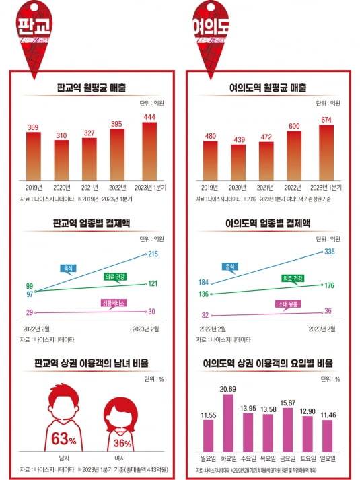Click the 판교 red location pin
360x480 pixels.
(34, 30)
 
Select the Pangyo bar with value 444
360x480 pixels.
(149, 151)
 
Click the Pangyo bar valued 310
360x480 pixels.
(62, 160)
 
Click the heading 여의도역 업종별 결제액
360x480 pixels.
(268, 224)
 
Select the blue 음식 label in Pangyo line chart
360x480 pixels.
(69, 269)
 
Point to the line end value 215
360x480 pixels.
(153, 254)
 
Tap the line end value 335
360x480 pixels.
(328, 252)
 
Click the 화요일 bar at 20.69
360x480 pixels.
(227, 425)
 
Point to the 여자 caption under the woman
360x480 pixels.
(122, 458)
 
